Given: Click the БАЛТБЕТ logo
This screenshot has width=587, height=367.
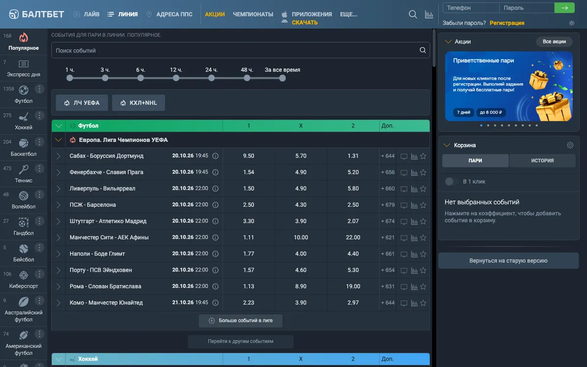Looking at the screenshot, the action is [36, 14].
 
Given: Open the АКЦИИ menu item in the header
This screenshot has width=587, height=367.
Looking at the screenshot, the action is [215, 14].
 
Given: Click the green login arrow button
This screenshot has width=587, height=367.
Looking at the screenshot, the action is [564, 8].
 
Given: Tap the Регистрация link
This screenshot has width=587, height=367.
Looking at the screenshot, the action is [507, 23].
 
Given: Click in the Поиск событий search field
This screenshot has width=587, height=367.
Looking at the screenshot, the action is [236, 50].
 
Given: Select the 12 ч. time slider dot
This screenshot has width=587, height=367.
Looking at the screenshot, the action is [176, 78].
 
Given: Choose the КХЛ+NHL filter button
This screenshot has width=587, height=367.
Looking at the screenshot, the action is [138, 103].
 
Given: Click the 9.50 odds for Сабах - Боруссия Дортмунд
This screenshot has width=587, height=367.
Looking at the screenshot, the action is [248, 156].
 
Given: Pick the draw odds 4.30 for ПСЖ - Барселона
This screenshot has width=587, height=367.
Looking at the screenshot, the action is [300, 205].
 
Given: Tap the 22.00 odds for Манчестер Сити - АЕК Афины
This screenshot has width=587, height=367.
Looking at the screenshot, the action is [353, 237].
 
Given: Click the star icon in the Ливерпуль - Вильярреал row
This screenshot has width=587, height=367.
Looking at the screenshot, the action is [423, 189].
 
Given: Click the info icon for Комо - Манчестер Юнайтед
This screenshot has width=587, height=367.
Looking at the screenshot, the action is [215, 303].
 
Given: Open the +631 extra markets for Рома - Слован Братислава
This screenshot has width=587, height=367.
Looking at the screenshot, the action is [387, 286].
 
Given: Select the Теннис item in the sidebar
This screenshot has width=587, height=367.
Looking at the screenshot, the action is [23, 174].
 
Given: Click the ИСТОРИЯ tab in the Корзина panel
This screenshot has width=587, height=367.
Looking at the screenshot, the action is [542, 161].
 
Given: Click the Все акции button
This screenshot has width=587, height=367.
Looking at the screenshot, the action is [554, 42].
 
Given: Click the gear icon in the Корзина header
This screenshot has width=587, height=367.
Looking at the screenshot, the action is [570, 145].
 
